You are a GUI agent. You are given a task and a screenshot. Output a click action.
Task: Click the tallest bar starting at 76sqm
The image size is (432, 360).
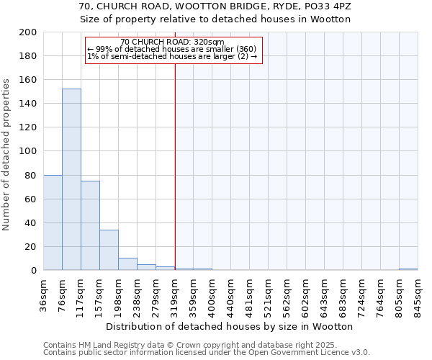71,180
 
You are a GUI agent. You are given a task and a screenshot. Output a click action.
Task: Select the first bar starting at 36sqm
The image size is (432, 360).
53,222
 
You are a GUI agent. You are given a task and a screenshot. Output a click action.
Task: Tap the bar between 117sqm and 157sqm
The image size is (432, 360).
90,225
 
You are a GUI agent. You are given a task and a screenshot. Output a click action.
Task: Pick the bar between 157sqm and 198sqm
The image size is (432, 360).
109,250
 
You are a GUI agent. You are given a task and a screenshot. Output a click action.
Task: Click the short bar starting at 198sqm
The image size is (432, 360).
127,264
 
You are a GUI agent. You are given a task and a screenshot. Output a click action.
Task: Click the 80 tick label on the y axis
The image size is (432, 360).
31,175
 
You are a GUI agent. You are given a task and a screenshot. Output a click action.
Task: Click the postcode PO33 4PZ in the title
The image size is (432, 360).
324,6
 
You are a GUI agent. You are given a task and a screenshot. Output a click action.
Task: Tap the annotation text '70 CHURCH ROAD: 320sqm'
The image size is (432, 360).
172,42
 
